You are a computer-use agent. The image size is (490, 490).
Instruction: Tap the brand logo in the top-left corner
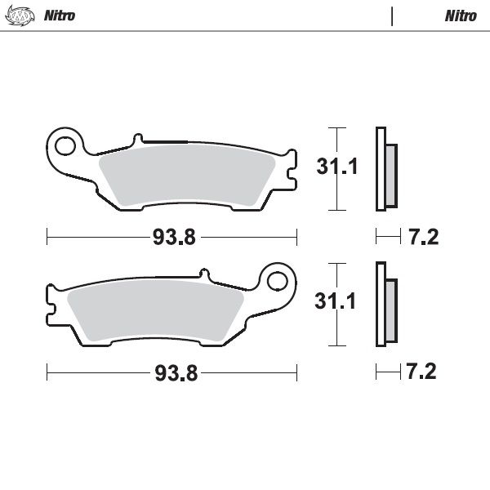click(24, 16)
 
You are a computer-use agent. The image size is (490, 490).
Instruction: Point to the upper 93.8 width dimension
click(173, 238)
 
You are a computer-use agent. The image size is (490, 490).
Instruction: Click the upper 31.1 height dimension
click(337, 168)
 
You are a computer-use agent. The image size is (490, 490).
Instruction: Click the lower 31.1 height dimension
click(337, 303)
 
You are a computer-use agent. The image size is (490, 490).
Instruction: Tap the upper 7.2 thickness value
click(422, 238)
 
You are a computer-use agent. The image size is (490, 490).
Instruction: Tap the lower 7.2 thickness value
click(422, 373)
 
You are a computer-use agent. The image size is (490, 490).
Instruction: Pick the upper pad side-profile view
click(385, 169)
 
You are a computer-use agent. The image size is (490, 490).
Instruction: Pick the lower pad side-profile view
click(385, 305)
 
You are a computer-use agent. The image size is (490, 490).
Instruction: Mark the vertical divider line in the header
click(393, 16)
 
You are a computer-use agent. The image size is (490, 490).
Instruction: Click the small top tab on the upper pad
click(137, 140)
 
